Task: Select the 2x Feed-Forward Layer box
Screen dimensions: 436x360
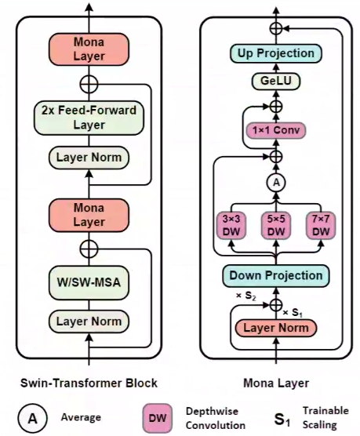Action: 89,117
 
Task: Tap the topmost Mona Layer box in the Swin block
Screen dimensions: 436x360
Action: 89,49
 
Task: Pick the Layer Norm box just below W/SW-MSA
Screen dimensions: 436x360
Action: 89,322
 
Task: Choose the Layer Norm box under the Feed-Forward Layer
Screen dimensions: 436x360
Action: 89,158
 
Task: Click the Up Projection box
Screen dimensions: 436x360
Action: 275,53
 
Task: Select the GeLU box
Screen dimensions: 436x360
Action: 275,80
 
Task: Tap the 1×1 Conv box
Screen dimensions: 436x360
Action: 275,130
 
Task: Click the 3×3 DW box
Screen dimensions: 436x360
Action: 232,227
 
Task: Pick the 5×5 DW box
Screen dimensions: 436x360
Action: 275,227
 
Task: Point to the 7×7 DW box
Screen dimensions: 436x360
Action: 319,227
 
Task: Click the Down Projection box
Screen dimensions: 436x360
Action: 275,275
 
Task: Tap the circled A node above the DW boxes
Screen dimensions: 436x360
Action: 275,182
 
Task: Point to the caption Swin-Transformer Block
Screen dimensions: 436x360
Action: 89,383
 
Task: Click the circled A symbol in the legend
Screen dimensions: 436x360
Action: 32,418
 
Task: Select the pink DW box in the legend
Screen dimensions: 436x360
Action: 158,418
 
